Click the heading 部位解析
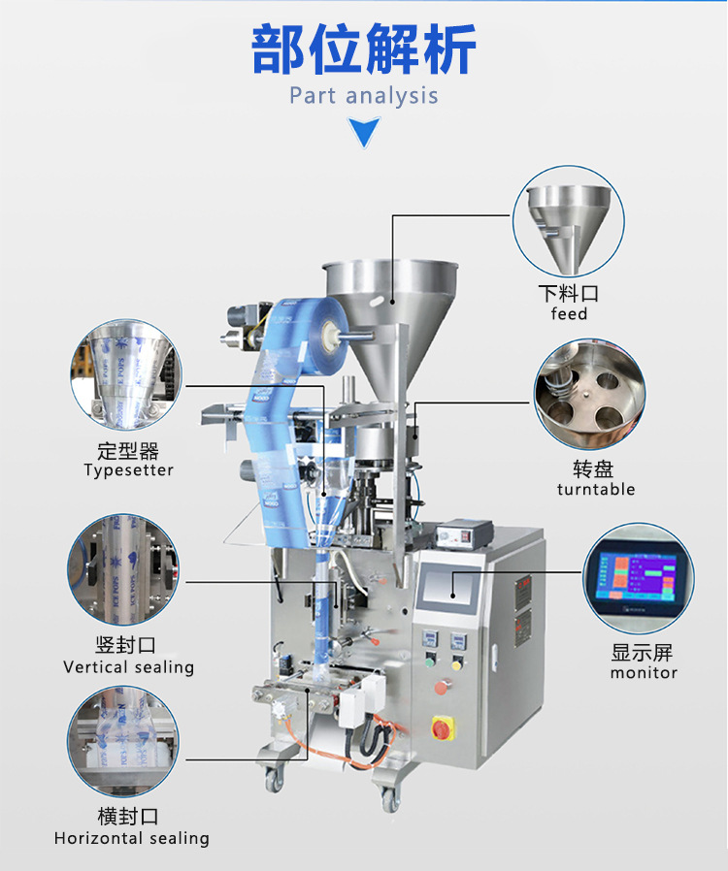(364, 50)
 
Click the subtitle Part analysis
(364, 96)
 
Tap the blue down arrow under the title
(364, 131)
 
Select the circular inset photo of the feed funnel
(568, 220)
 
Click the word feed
(569, 313)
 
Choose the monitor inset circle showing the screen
(639, 578)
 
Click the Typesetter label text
(129, 470)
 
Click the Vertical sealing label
(129, 667)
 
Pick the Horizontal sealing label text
(132, 838)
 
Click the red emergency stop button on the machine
(442, 727)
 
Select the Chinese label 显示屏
(643, 653)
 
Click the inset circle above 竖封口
(123, 569)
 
